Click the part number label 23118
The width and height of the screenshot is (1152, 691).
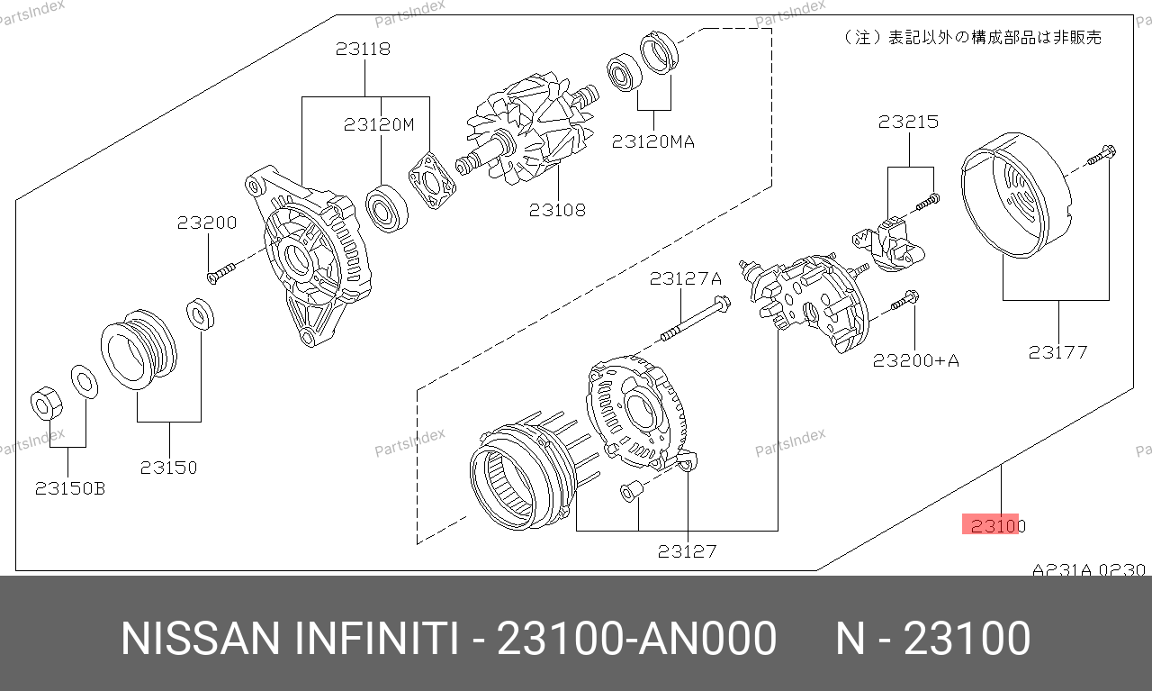(x=363, y=49)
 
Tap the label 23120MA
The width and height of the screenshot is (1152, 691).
(x=653, y=141)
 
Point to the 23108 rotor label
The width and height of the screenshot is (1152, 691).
(x=557, y=210)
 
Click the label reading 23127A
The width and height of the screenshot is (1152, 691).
(x=686, y=278)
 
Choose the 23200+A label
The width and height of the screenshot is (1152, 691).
(x=916, y=360)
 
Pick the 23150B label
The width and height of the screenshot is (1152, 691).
(x=70, y=488)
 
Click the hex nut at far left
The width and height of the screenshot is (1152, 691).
(x=46, y=404)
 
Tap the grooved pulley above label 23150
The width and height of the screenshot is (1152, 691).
(x=139, y=350)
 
